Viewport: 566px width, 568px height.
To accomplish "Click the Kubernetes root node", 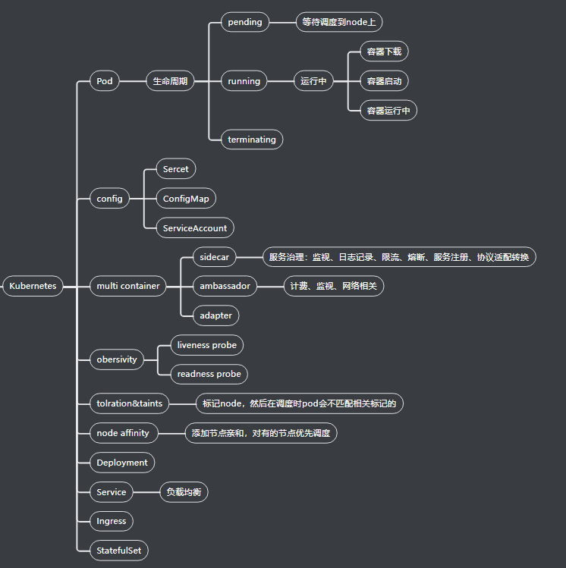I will coord(33,286).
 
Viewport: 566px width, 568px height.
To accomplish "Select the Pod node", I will coord(104,81).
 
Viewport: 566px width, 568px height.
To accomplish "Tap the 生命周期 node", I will coord(170,81).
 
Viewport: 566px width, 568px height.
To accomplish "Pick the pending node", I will coord(245,22).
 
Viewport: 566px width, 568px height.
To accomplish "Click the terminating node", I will coord(252,140).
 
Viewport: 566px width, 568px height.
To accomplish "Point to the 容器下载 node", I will coord(383,52).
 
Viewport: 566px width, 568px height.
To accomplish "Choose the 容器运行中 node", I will coord(388,111).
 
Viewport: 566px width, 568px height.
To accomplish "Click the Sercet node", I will coord(175,169).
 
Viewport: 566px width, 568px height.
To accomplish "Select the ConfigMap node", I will coord(186,199).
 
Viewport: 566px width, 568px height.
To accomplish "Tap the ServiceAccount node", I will coord(194,228).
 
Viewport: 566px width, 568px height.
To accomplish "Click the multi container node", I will coord(127,286).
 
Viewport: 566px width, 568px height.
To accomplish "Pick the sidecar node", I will coord(214,257).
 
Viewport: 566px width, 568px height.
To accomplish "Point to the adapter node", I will coord(215,315).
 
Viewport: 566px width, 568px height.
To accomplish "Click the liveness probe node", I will coord(206,345).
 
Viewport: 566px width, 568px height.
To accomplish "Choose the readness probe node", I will coord(209,374).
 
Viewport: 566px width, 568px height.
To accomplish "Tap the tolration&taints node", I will coord(129,403).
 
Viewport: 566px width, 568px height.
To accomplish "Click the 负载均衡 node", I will coord(184,492).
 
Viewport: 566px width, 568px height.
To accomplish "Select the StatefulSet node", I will coord(118,551).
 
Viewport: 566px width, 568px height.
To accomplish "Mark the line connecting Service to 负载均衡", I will coord(146,492).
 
